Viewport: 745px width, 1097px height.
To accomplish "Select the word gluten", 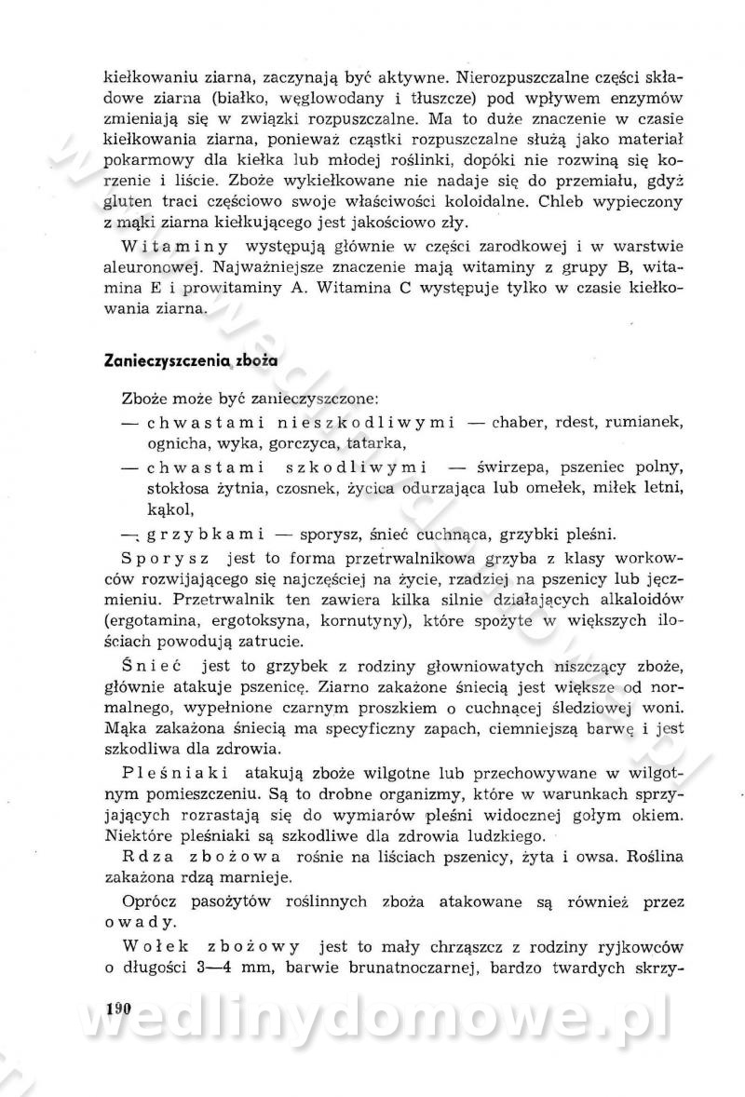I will point(126,202).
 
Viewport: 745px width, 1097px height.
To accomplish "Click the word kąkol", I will point(169,508).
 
